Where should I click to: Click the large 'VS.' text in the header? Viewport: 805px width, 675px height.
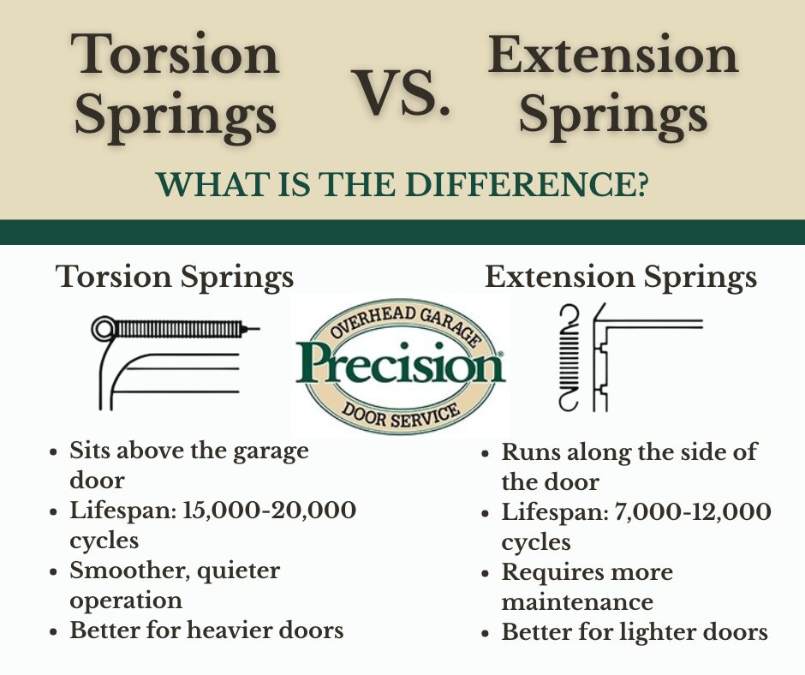pyautogui.click(x=401, y=93)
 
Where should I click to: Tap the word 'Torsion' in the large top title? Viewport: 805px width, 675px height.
pyautogui.click(x=175, y=54)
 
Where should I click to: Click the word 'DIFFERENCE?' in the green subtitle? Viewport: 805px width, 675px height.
pyautogui.click(x=526, y=184)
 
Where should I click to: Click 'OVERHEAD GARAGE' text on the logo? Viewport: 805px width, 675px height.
pyautogui.click(x=404, y=324)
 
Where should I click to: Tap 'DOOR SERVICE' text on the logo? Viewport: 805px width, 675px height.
pyautogui.click(x=402, y=414)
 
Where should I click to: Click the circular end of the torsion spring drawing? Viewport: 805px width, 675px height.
pyautogui.click(x=104, y=329)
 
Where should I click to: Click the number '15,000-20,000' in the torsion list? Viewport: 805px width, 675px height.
pyautogui.click(x=270, y=511)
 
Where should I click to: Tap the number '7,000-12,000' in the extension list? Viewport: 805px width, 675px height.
pyautogui.click(x=693, y=512)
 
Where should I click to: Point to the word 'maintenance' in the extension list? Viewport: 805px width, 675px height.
pyautogui.click(x=577, y=602)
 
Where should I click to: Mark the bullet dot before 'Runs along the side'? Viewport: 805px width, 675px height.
pyautogui.click(x=486, y=454)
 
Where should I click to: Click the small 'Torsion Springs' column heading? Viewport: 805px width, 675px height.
pyautogui.click(x=175, y=278)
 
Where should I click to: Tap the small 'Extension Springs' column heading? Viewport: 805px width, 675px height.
pyautogui.click(x=621, y=278)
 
